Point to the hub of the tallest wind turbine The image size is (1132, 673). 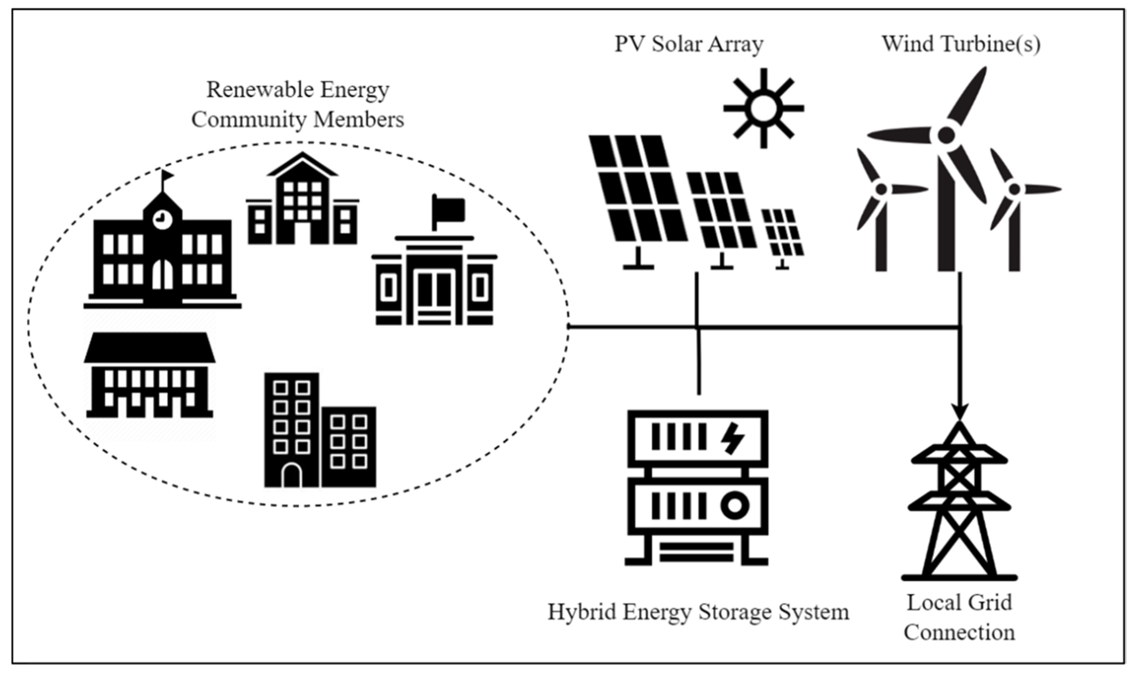point(946,135)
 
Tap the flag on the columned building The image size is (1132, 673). point(449,209)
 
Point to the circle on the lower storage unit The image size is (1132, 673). point(734,506)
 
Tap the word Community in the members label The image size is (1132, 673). point(249,120)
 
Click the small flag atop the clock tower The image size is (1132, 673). point(167,175)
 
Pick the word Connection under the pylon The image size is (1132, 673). point(959,633)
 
